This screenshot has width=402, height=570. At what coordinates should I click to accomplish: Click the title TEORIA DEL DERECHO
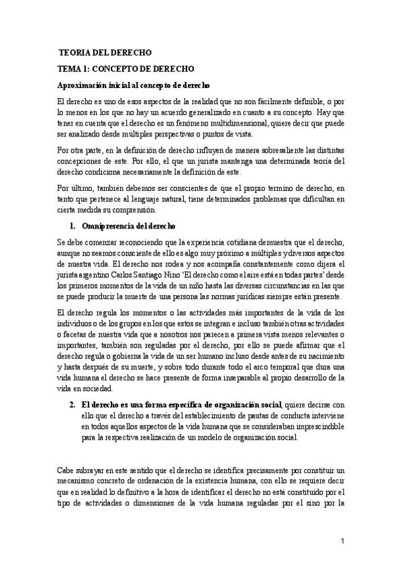(x=105, y=52)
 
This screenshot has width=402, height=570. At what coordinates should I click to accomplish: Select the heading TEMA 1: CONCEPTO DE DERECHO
(x=125, y=69)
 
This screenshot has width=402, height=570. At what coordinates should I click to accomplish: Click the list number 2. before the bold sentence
(x=73, y=405)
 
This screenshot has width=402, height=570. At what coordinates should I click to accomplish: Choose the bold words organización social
(x=250, y=405)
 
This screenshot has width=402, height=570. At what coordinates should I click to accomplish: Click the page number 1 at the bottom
(x=342, y=542)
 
